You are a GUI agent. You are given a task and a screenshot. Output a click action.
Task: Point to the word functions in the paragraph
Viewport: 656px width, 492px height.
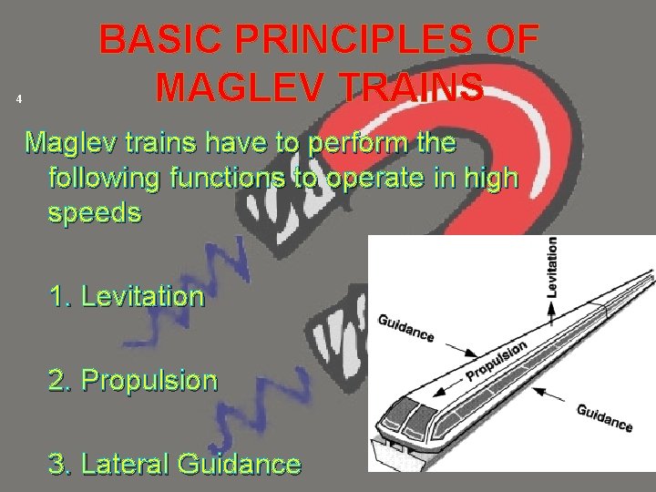pos(222,178)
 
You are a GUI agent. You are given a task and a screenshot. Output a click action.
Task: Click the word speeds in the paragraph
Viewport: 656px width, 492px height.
pos(95,212)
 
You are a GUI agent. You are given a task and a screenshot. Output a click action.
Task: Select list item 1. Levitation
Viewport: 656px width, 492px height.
pos(128,295)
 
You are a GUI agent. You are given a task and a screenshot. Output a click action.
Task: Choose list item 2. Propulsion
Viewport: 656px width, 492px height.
pos(134,380)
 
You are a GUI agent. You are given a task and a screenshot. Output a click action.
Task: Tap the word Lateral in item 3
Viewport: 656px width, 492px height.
pos(127,464)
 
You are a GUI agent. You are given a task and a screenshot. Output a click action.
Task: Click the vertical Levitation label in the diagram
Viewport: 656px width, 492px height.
pos(552,266)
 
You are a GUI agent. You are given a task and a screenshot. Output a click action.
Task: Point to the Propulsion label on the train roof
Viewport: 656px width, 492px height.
pos(497,362)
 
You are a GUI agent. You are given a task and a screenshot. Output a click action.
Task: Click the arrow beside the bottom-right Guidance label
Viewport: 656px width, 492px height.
pos(553,397)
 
